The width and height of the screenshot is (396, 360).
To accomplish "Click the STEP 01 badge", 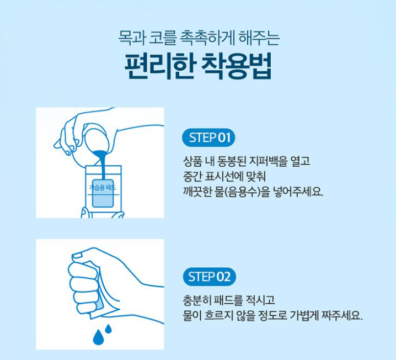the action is (208, 138).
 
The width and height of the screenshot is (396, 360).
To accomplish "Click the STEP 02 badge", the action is (209, 277).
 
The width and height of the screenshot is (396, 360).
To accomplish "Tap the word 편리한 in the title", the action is (160, 66).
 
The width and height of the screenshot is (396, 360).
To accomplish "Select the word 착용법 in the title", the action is (237, 66).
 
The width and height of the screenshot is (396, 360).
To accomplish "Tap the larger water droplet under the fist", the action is (99, 337).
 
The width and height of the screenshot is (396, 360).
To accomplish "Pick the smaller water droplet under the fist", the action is (108, 329).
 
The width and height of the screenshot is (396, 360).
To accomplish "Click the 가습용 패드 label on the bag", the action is (103, 188).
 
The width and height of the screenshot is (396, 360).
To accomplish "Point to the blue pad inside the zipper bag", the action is (103, 193).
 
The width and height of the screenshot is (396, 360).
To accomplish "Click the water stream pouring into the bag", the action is (102, 165).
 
